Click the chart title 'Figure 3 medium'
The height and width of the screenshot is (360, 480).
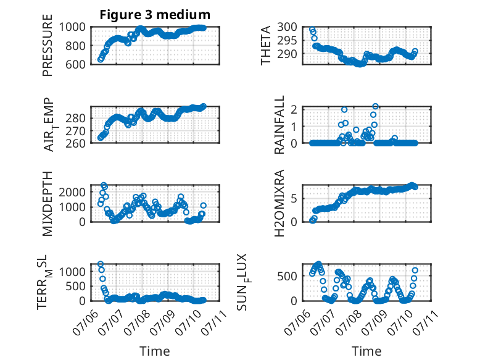pyautogui.click(x=155, y=15)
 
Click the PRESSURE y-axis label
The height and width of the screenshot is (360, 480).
pyautogui.click(x=48, y=45)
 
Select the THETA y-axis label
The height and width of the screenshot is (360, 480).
pyautogui.click(x=266, y=45)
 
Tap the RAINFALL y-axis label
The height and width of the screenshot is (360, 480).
pyautogui.click(x=279, y=124)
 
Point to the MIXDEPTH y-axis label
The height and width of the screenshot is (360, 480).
pyautogui.click(x=48, y=203)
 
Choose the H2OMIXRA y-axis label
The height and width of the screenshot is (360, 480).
pyautogui.click(x=279, y=203)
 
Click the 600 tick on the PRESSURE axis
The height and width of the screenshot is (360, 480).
pyautogui.click(x=75, y=64)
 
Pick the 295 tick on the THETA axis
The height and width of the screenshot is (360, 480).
pyautogui.click(x=287, y=40)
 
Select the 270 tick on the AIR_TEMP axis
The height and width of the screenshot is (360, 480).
pyautogui.click(x=75, y=131)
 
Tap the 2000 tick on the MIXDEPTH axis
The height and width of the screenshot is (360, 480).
pyautogui.click(x=72, y=192)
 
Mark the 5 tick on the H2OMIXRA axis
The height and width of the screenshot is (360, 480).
pyautogui.click(x=294, y=199)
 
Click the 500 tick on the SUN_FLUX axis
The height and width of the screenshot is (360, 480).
pyautogui.click(x=287, y=276)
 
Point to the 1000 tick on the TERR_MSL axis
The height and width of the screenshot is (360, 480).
pyautogui.click(x=72, y=272)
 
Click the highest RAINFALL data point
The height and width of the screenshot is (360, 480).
pyautogui.click(x=375, y=106)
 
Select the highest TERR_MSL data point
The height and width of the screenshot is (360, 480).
pyautogui.click(x=101, y=264)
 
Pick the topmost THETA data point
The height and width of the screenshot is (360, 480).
pyautogui.click(x=312, y=30)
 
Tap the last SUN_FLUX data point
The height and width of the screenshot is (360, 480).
pyautogui.click(x=415, y=270)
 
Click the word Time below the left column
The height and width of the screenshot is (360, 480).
pyautogui.click(x=155, y=351)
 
